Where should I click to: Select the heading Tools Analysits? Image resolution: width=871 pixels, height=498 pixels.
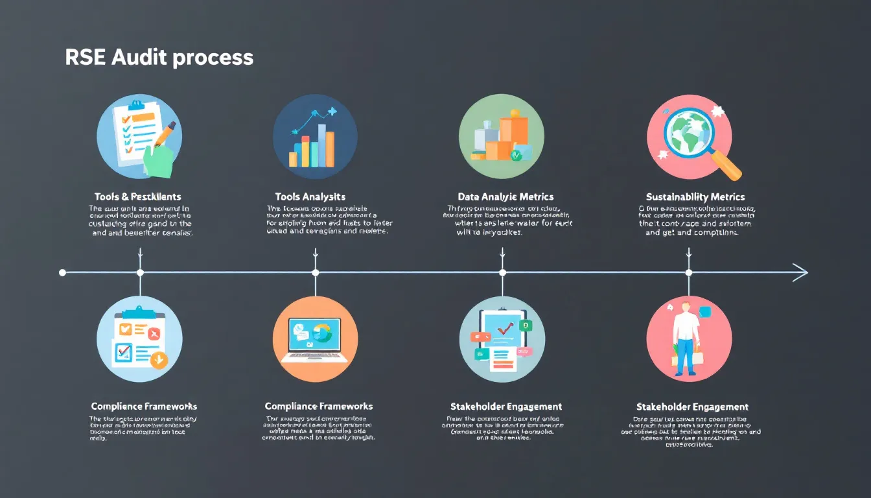(310, 196)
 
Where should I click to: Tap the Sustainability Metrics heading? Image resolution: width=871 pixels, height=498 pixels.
(695, 196)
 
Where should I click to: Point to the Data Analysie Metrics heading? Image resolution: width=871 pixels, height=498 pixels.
(505, 196)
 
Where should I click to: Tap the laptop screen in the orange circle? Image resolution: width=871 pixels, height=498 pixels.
(314, 333)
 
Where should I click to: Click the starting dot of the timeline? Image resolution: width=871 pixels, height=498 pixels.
(62, 272)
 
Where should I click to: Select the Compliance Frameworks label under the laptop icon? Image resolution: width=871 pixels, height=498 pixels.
(319, 407)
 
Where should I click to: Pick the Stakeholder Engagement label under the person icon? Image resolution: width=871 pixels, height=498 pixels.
(692, 407)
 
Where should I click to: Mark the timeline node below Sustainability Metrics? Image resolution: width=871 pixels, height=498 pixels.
(688, 272)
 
